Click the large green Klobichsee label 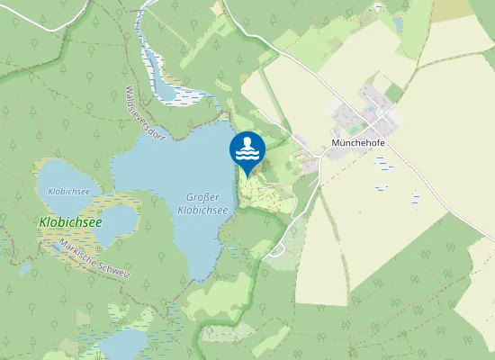pos(70,221)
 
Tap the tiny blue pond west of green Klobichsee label pos(24,268)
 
